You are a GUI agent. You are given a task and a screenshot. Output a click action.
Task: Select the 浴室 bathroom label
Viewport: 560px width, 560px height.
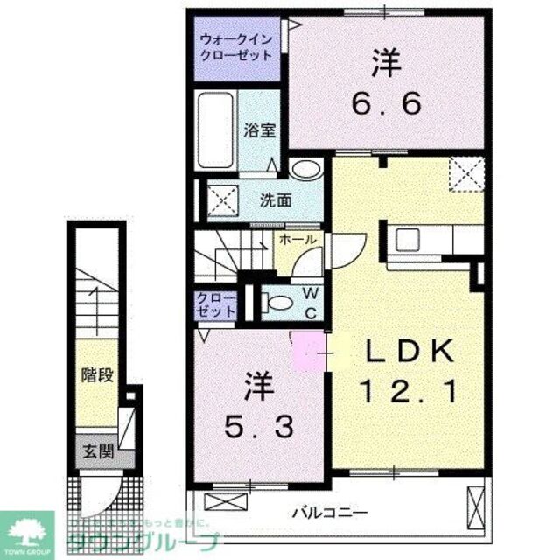tap(260, 130)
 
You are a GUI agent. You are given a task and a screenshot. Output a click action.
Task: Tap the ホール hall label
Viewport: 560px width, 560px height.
tap(297, 238)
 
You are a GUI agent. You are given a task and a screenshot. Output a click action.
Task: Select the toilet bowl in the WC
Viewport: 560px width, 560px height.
tap(277, 303)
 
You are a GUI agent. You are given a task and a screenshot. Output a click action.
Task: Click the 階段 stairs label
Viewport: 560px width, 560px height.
tap(100, 376)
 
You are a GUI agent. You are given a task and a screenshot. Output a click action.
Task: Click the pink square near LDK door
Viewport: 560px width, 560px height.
tap(308, 352)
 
